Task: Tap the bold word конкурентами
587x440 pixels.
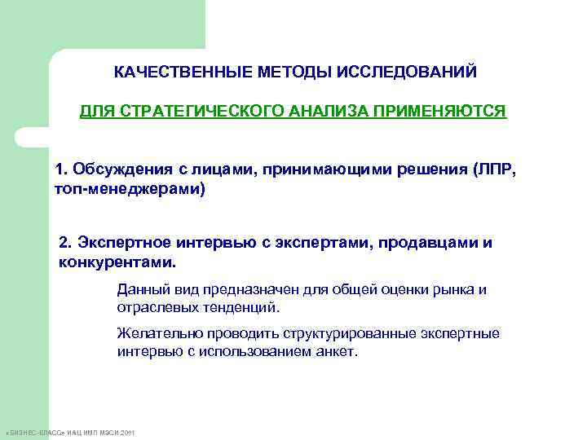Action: [117, 263]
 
